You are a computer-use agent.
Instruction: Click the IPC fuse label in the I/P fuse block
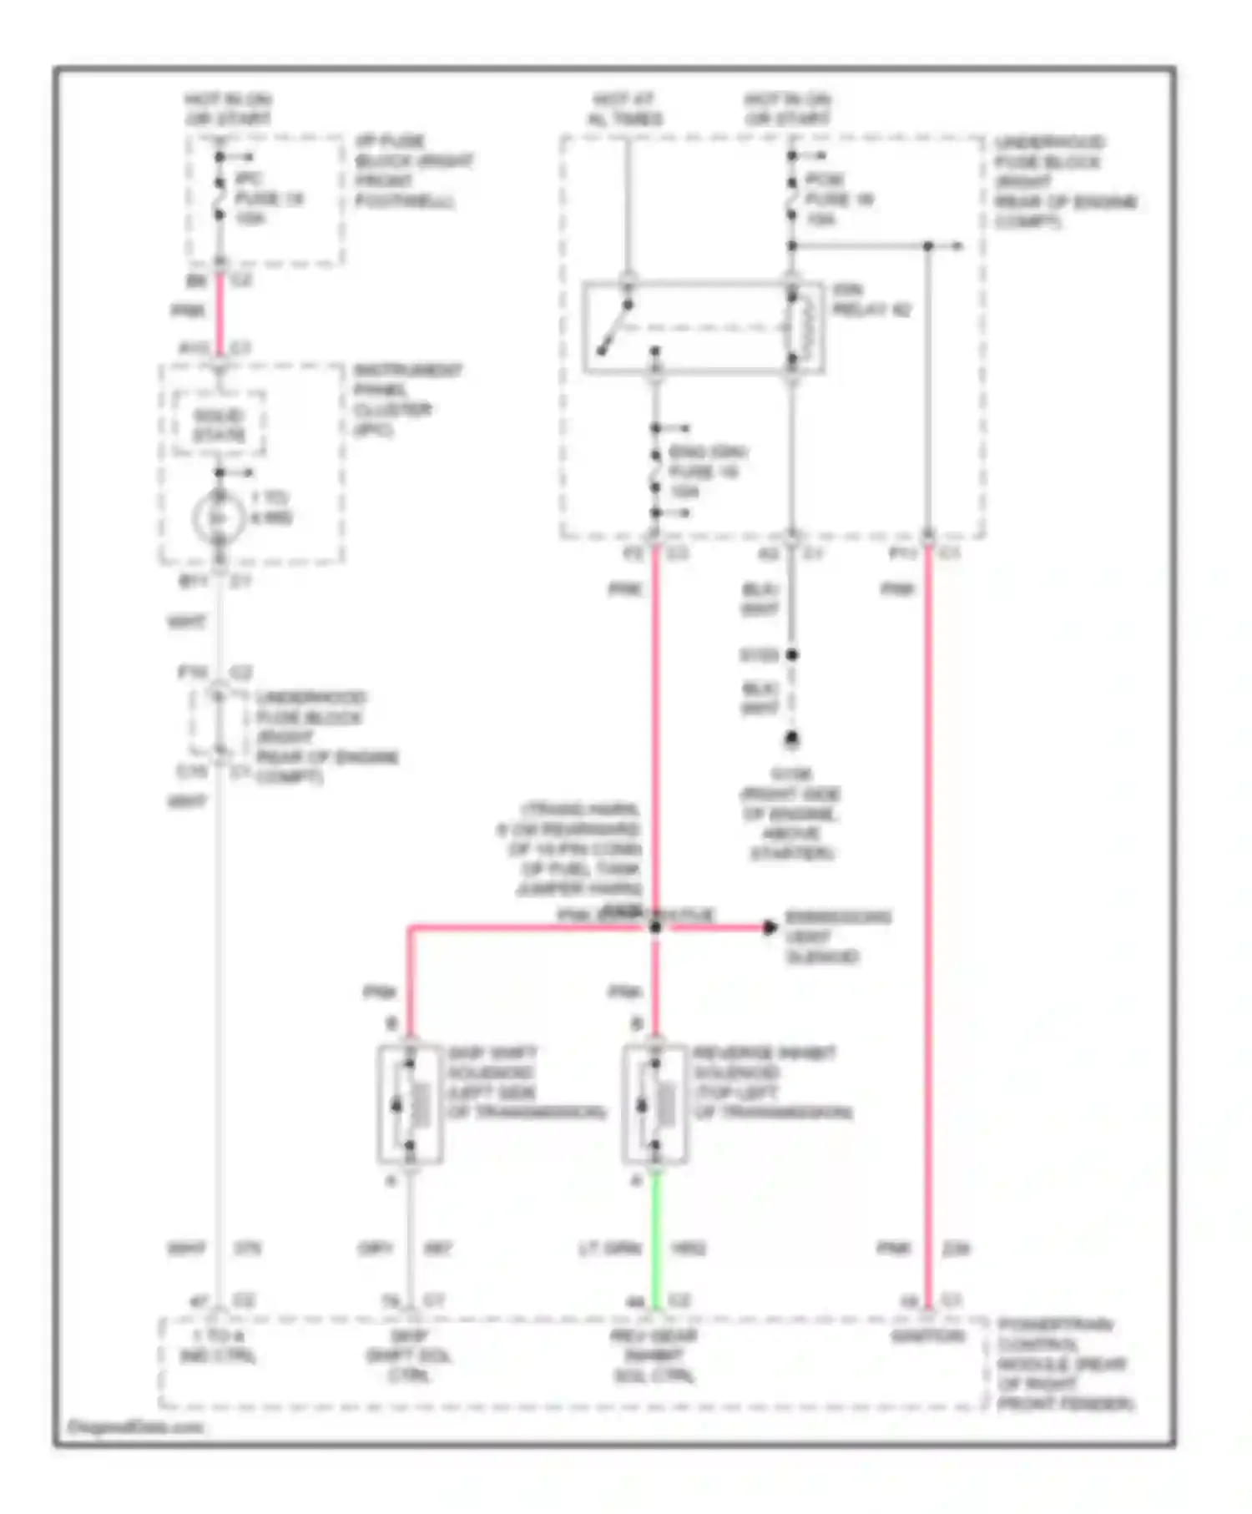pyautogui.click(x=267, y=199)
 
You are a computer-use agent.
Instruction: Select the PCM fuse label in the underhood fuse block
pyautogui.click(x=837, y=199)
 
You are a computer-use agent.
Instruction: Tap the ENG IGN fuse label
pyautogui.click(x=705, y=472)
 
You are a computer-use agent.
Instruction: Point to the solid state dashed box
pyautogui.click(x=219, y=425)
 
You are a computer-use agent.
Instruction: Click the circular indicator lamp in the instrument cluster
pyautogui.click(x=219, y=518)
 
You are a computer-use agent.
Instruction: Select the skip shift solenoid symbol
pyautogui.click(x=410, y=1103)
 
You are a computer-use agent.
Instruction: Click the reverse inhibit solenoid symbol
pyautogui.click(x=655, y=1103)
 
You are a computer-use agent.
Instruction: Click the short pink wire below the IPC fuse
pyautogui.click(x=220, y=313)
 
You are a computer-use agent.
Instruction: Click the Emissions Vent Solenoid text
pyautogui.click(x=837, y=936)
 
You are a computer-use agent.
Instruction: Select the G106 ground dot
pyautogui.click(x=791, y=739)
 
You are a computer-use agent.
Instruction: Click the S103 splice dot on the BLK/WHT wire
pyautogui.click(x=791, y=655)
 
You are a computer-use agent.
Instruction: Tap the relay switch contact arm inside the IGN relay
pyautogui.click(x=613, y=327)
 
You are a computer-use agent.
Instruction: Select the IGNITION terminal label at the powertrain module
pyautogui.click(x=927, y=1336)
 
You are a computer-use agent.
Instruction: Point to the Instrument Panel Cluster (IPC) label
pyautogui.click(x=406, y=400)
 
